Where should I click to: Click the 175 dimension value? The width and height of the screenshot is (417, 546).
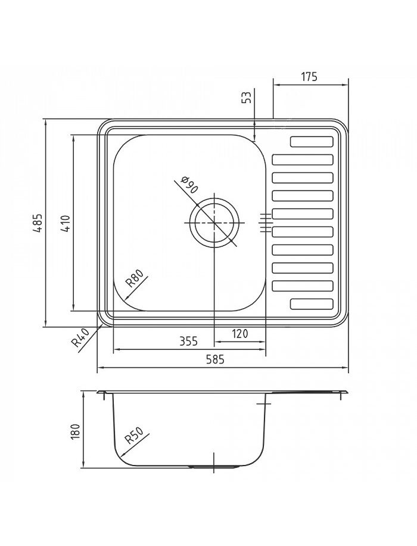coord(309,77)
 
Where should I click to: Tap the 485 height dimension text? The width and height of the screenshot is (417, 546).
coord(38,224)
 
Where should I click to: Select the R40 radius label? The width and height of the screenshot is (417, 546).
coord(80,338)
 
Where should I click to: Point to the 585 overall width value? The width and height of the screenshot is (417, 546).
coord(223,359)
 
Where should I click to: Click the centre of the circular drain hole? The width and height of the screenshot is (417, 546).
coord(214,222)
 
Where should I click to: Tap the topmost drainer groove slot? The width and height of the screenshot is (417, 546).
coord(312,142)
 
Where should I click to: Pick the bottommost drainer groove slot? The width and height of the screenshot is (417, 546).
coord(312,303)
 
